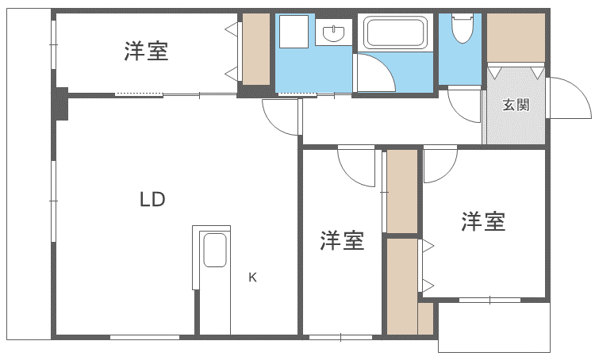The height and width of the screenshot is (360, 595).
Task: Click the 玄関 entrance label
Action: coord(516,105)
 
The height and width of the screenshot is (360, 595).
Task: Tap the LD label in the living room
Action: coord(152,199)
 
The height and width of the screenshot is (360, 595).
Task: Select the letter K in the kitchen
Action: coord(252,278)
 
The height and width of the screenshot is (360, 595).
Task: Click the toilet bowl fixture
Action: coord(463,28)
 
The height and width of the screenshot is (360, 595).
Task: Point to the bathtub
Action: coord(395,32)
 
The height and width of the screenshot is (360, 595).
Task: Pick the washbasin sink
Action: coord(333,33)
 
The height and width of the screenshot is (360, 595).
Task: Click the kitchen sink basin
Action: coord(215,250)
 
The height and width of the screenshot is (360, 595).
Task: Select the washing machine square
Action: coord(294,32)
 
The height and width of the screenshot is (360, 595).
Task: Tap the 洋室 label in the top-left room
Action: coord(146,52)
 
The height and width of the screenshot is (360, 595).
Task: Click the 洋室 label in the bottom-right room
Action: coord(483,221)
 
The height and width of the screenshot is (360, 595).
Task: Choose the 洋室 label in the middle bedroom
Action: coord(342,240)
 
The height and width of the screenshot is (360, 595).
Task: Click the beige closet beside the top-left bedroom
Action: coord(256,49)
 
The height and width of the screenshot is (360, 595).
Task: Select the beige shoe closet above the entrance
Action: coord(516,37)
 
